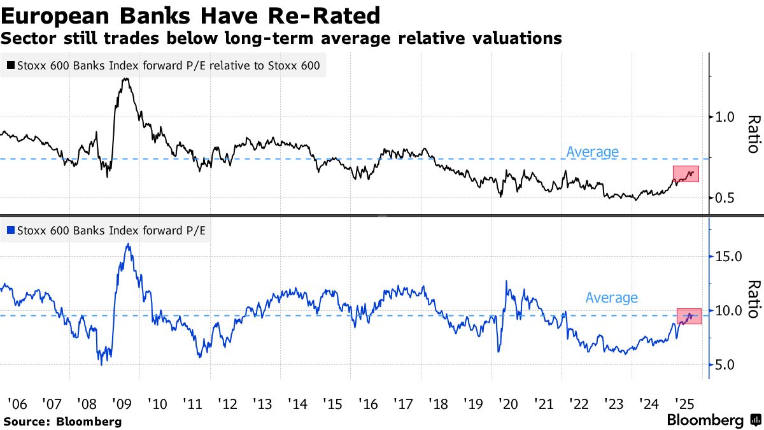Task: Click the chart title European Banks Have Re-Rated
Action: tap(191, 15)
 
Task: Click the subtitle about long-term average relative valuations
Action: tap(281, 39)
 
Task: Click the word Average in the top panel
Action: tap(592, 152)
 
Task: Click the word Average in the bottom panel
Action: tap(611, 297)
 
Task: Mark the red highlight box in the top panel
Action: tap(686, 174)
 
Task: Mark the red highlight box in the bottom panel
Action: tap(688, 316)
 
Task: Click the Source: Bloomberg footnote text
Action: tap(62, 421)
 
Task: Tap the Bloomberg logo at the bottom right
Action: tap(713, 420)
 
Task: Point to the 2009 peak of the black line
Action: tap(126, 79)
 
